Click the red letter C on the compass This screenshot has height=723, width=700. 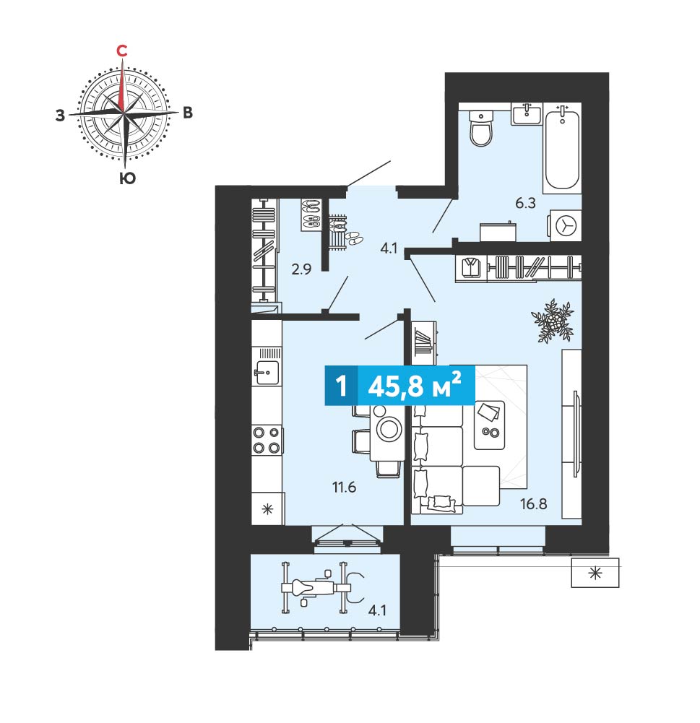tap(121, 51)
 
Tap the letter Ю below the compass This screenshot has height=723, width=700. tap(127, 178)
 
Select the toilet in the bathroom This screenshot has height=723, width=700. tap(481, 128)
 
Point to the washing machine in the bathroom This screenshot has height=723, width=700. tap(565, 225)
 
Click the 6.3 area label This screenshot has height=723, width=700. tap(525, 203)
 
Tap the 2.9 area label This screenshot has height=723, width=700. tap(301, 269)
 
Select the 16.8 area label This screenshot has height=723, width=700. tap(534, 503)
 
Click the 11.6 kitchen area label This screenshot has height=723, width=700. tap(344, 487)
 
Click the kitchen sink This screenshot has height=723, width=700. tap(267, 373)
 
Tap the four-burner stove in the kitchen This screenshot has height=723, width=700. tap(267, 440)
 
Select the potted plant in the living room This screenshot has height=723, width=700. tap(552, 321)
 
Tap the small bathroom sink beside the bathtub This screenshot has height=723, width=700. tap(527, 113)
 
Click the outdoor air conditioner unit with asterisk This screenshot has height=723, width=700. tap(595, 573)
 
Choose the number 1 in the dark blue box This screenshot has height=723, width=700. tap(341, 386)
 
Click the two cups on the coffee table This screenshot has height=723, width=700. tap(491, 432)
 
